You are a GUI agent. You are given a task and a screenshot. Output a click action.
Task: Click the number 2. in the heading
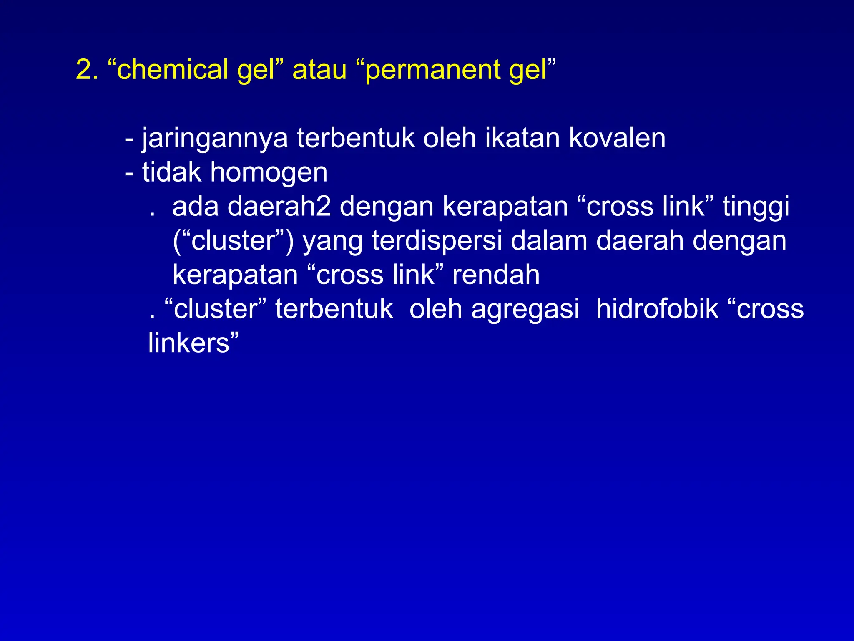click(87, 69)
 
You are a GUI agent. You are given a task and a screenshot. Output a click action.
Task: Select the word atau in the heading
click(319, 69)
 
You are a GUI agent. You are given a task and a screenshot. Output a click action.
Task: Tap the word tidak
click(171, 172)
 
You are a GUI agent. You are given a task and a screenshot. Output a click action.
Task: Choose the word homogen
click(269, 173)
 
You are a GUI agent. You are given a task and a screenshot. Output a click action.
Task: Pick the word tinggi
click(756, 207)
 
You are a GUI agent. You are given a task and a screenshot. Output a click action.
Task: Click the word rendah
click(496, 275)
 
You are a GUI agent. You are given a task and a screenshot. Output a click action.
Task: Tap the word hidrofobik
click(657, 309)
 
